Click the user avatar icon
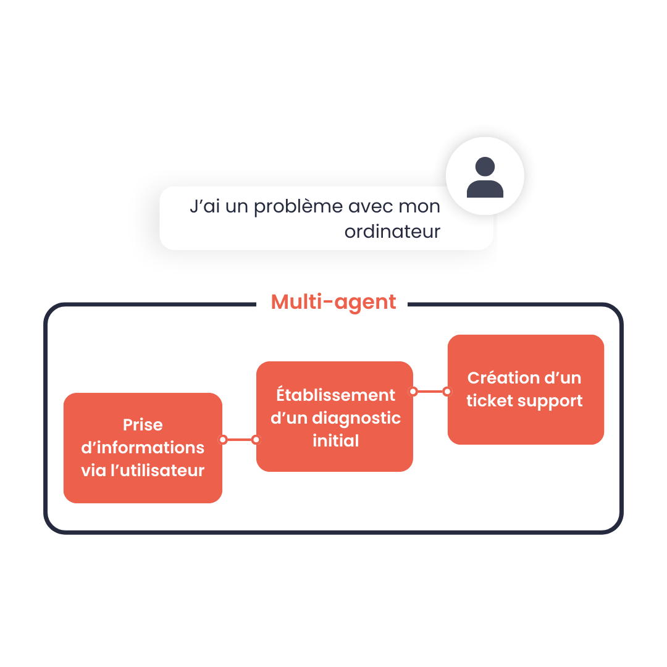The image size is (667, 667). click(485, 177)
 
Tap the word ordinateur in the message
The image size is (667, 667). click(392, 232)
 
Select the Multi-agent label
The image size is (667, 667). click(333, 302)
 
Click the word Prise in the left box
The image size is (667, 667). click(143, 425)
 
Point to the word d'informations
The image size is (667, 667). click(143, 448)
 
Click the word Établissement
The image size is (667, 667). click(335, 395)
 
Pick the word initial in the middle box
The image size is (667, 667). click(335, 441)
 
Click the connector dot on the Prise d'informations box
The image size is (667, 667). click(223, 440)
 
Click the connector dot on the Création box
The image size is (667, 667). click(447, 391)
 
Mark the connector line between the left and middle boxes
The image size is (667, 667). click(240, 440)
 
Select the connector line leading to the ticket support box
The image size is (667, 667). click(430, 391)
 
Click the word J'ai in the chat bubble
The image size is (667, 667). click(204, 207)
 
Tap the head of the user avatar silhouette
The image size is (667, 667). click(485, 166)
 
